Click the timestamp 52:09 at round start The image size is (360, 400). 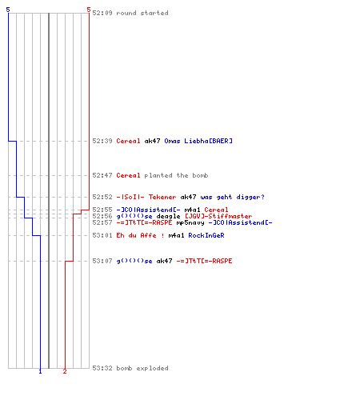pos(102,13)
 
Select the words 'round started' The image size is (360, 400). pos(142,13)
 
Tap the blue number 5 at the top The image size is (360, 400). pos(8,10)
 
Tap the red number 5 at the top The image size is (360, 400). pos(89,10)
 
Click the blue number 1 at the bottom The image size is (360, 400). pos(40,371)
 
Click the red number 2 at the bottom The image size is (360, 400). pos(65,371)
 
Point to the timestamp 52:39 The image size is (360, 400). pos(102,141)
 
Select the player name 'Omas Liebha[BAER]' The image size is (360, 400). pos(198,141)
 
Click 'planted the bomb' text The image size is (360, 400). pos(176,175)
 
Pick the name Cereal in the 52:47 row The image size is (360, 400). pos(128,175)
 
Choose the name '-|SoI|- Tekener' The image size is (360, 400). pos(146,197)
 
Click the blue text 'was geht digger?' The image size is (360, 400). pos(232,197)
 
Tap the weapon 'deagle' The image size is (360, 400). pos(168,216)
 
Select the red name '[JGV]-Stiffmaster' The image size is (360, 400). pos(218,216)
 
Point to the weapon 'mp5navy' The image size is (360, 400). pos(190,222)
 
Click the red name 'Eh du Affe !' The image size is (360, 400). pos(140,235)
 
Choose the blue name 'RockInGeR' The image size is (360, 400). pos(206,235)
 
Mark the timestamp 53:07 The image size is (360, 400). pos(102,261)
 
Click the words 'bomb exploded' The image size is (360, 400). pos(142,368)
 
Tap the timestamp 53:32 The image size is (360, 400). pos(102,368)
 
